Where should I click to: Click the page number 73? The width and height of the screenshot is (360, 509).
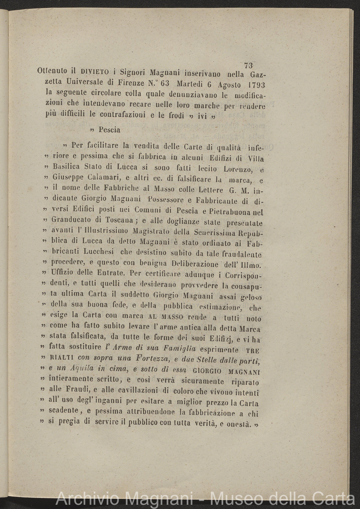[249, 65]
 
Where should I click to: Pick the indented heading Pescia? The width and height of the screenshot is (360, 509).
[109, 130]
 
